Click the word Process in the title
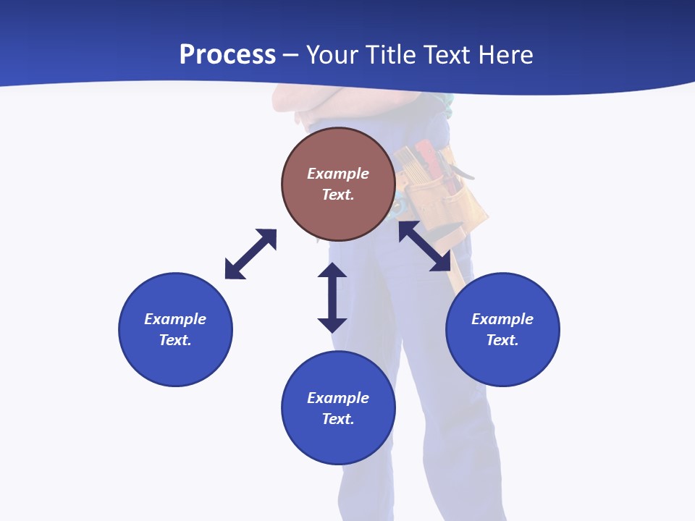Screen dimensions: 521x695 (227, 55)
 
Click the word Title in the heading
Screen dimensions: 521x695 (389, 55)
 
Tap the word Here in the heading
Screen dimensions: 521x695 (504, 55)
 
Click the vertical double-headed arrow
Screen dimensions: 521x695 (332, 297)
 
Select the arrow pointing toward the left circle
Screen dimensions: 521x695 (250, 254)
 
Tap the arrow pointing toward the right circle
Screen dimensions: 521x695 (425, 246)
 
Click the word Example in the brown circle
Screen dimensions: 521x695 (338, 174)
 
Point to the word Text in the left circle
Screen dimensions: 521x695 (175, 340)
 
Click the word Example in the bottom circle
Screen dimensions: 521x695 (338, 398)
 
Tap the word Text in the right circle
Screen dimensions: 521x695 (502, 340)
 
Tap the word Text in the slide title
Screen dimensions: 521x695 (446, 55)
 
